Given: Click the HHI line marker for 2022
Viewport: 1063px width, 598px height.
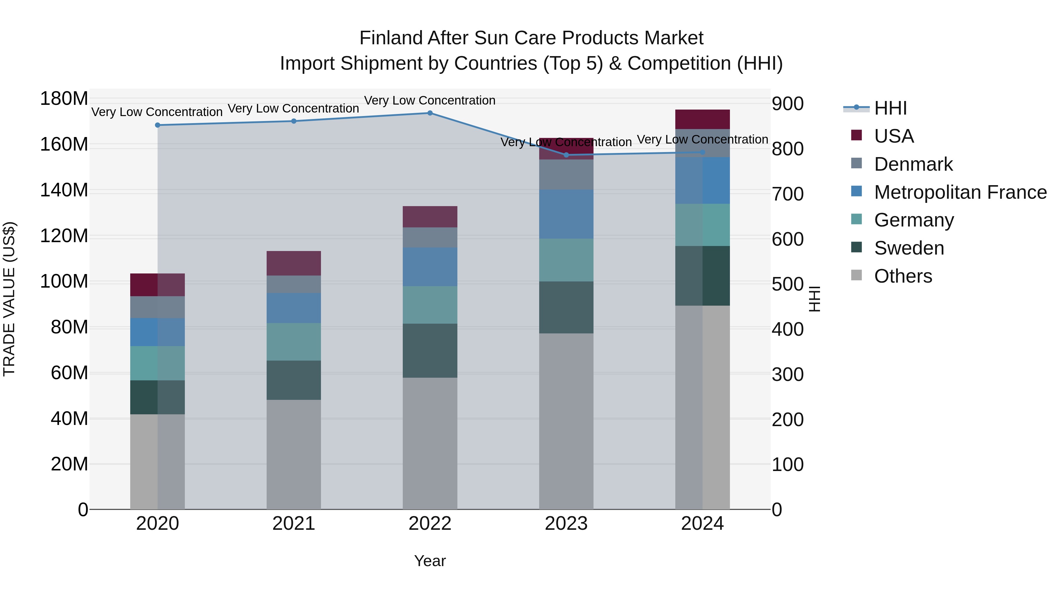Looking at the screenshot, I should tap(430, 113).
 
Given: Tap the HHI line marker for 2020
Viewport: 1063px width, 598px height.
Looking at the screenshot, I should tap(157, 125).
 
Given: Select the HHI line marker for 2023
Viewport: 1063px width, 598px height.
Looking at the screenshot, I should tap(566, 155).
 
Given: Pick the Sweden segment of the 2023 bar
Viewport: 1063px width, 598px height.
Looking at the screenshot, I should tap(566, 307).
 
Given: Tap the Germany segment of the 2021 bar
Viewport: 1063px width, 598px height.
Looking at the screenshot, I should tap(294, 341).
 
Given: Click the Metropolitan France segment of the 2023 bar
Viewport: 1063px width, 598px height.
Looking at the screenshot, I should tap(566, 214).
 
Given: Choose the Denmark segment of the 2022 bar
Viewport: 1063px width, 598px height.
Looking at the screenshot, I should tap(430, 237).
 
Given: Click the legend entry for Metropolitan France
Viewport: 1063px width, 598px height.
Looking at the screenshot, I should tap(960, 192).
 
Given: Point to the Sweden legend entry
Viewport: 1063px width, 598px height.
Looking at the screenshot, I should tap(909, 248).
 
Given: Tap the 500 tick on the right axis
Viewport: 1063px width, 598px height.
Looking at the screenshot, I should tap(787, 284).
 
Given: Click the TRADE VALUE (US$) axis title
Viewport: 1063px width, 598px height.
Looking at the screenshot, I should tap(9, 299).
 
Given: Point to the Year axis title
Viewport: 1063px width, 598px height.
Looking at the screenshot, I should tap(430, 561).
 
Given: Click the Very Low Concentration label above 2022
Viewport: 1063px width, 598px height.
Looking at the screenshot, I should tap(430, 100).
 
